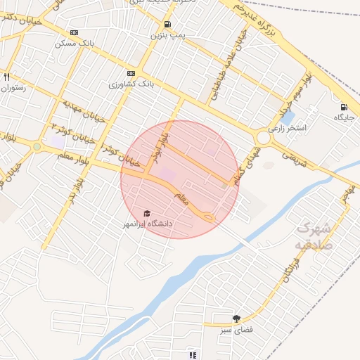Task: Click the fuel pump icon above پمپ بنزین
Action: [165, 23]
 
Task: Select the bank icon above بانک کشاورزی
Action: [131, 73]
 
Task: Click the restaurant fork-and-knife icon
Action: [6, 77]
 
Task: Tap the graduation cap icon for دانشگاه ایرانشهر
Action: [147, 214]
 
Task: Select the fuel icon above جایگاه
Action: [343, 107]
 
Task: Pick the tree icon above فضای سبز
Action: [236, 319]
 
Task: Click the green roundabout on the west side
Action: [37, 147]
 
